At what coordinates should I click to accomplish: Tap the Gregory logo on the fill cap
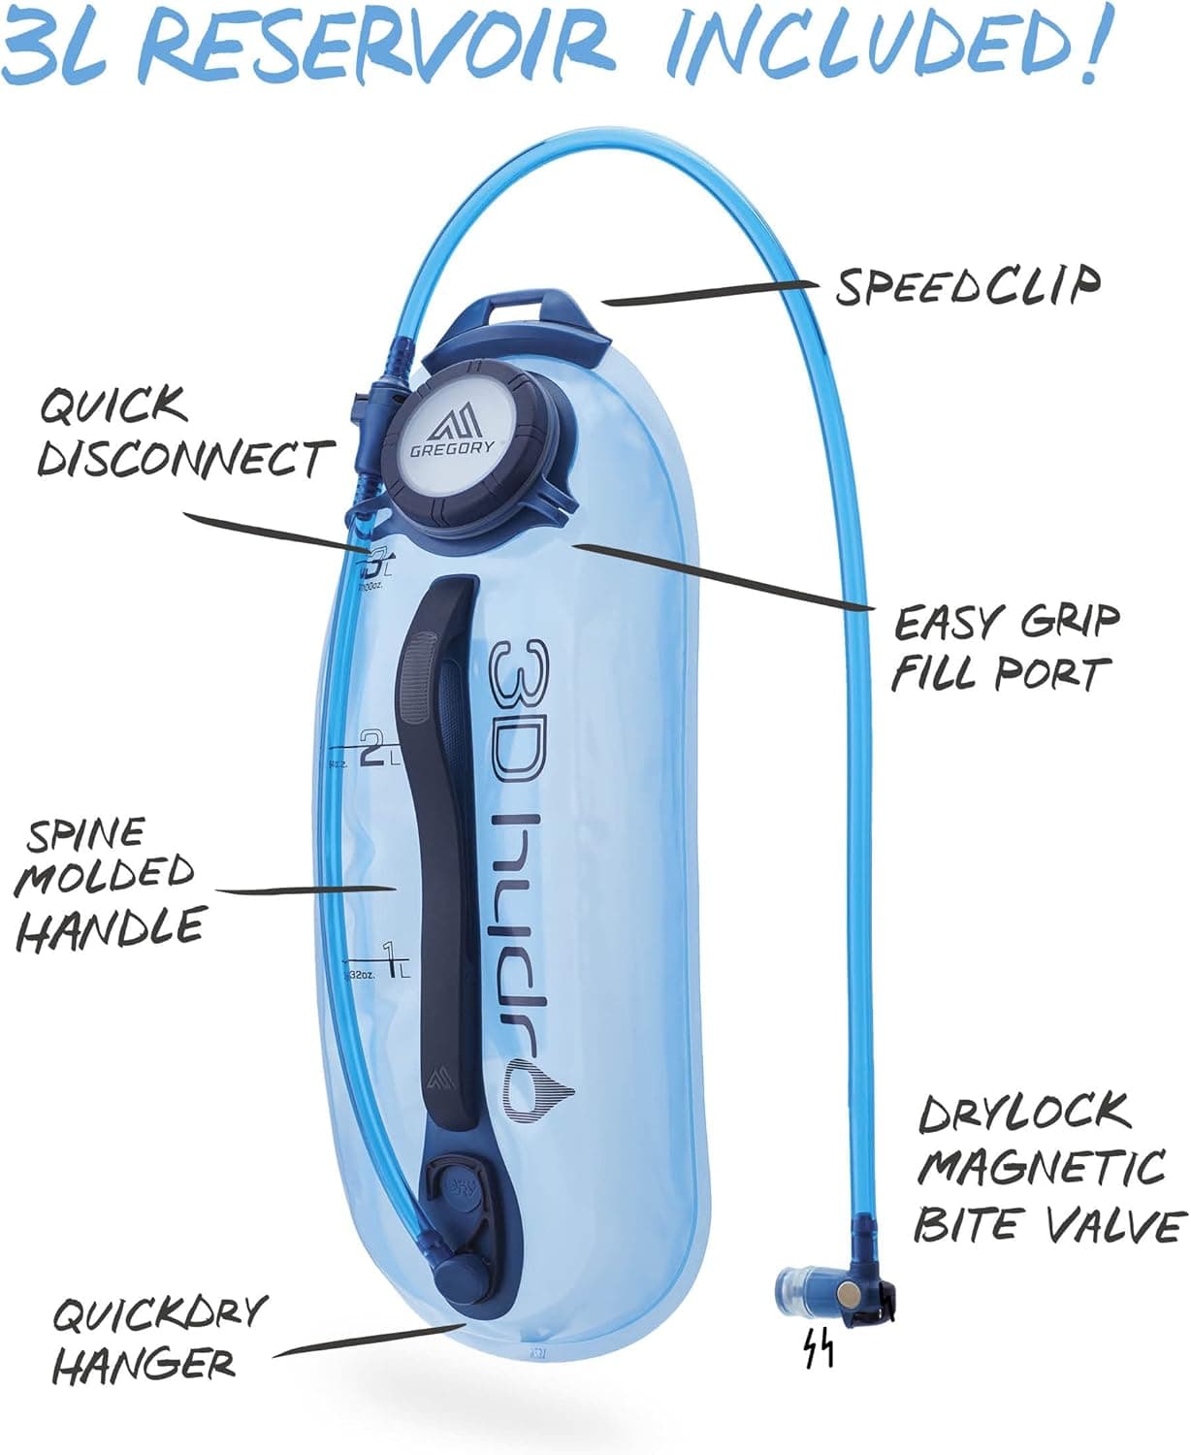click(x=452, y=431)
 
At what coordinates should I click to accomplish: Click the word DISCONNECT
click(x=184, y=459)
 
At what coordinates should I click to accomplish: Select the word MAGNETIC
click(x=1041, y=1167)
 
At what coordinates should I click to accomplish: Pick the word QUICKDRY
click(x=157, y=1314)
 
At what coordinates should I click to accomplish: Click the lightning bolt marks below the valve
click(x=817, y=1349)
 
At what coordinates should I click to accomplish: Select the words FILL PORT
click(x=999, y=673)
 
